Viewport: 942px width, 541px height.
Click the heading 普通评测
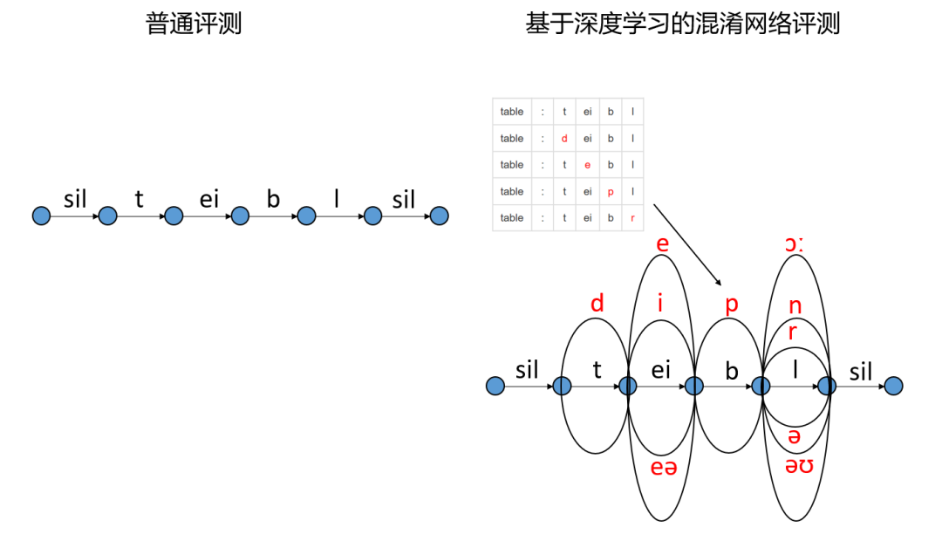tap(194, 24)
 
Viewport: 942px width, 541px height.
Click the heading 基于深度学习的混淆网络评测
tap(682, 24)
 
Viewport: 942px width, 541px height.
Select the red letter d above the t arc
tap(597, 304)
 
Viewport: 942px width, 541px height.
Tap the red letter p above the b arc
tap(732, 304)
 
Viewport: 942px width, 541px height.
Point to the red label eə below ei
tap(664, 468)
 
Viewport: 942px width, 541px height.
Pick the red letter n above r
tap(795, 306)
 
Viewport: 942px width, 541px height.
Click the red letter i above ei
tap(661, 304)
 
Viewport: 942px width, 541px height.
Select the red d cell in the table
tap(564, 138)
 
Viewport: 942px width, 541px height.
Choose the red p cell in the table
tap(611, 191)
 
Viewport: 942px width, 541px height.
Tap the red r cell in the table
tap(632, 217)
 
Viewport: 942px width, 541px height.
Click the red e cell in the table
tap(588, 165)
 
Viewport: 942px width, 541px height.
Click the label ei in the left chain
tap(209, 199)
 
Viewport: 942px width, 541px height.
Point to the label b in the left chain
tap(273, 199)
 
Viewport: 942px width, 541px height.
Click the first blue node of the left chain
tap(41, 216)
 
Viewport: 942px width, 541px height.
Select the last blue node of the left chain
tap(439, 216)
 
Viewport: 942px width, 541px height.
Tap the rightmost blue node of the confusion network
tap(893, 386)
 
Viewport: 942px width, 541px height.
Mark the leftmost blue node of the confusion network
tap(495, 386)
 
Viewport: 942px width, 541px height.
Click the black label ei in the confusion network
tap(661, 370)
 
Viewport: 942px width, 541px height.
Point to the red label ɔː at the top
tap(794, 244)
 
